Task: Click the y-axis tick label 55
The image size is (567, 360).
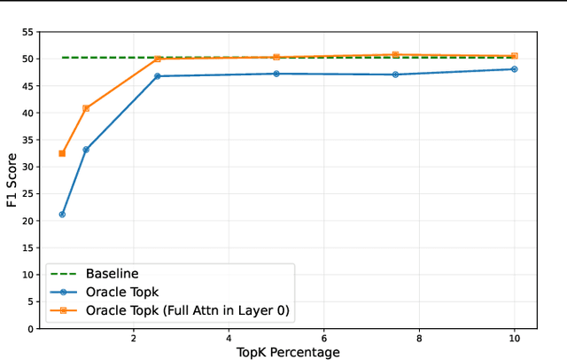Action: [x=27, y=32]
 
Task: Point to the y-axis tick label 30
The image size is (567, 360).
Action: [x=27, y=167]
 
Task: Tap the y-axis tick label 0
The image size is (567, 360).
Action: [x=31, y=329]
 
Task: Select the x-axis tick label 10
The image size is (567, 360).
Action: [x=514, y=339]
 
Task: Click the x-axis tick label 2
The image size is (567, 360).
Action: [x=134, y=339]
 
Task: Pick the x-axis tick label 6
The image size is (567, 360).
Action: [x=323, y=339]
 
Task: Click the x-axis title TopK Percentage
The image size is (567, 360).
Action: [x=288, y=352]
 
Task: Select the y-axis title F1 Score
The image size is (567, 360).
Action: [x=12, y=179]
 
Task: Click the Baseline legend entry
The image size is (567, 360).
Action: [x=110, y=273]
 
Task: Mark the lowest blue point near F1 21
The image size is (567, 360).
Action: [x=62, y=215]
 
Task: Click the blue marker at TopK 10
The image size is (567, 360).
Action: [x=514, y=69]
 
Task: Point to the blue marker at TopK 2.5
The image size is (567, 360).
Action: [x=158, y=76]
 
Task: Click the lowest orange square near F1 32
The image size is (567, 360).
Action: [x=62, y=153]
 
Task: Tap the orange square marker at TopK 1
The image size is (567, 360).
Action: [x=86, y=108]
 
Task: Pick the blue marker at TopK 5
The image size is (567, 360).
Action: [x=276, y=74]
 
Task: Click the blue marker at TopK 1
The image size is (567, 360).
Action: [x=86, y=150]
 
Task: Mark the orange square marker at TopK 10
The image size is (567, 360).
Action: [x=514, y=56]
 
